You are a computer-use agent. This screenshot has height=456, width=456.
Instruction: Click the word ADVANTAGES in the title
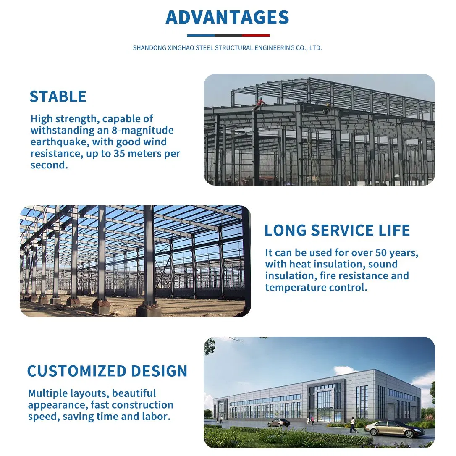point(227,17)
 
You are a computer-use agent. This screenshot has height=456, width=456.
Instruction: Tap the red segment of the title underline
point(255,35)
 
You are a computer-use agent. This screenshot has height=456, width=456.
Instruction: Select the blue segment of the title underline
point(201,35)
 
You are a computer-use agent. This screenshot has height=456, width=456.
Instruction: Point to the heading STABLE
point(58,97)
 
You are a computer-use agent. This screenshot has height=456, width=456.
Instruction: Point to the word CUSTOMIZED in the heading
point(77,371)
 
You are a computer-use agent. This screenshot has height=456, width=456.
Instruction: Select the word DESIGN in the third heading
point(159,371)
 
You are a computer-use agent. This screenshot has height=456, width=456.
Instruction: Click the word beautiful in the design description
point(134,393)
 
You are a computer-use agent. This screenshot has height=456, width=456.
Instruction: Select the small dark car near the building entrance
point(278,422)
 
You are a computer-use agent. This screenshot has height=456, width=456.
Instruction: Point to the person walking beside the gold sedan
point(353,425)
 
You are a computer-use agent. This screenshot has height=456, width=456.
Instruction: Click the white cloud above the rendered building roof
point(345,371)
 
